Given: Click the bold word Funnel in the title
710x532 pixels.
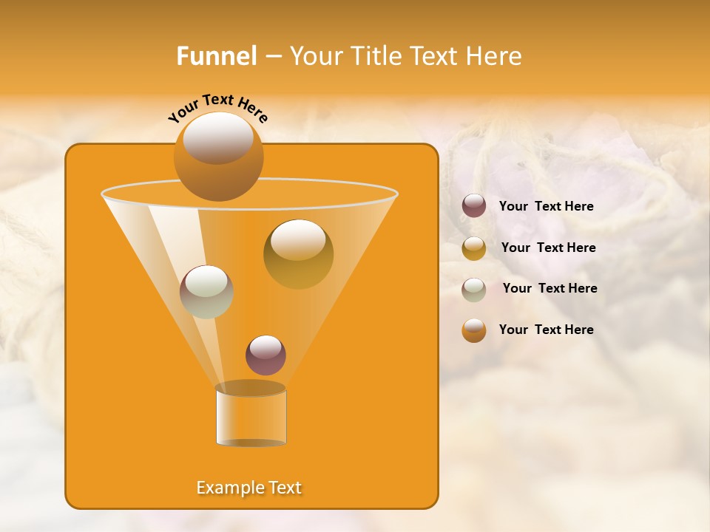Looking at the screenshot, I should pos(216,56).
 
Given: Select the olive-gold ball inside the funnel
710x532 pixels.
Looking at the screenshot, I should pos(298,254).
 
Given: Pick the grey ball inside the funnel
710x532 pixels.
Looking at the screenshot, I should pos(206,292).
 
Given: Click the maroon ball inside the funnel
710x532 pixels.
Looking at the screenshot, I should pos(266,355).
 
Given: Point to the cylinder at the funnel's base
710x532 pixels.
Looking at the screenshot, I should pos(251,415).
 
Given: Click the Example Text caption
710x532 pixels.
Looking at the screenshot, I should pos(249,488).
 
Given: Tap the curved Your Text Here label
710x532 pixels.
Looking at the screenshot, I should pos(217,107).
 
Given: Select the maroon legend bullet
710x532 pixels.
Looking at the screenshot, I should pos(474,206).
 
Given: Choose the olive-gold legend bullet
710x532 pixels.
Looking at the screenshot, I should pos(474,248).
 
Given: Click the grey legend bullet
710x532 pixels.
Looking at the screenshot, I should pos(474,289).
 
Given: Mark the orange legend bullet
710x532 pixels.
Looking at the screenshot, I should pos(474,330).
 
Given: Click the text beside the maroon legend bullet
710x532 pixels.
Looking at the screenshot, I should pos(546,206).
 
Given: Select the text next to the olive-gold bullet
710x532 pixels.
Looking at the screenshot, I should pos(548,248).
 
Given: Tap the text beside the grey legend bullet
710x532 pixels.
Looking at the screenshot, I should pos(550,288).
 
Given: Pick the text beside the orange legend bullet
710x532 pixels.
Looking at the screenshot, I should pos(546,330).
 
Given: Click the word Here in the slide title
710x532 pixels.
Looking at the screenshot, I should pos(496,56).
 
